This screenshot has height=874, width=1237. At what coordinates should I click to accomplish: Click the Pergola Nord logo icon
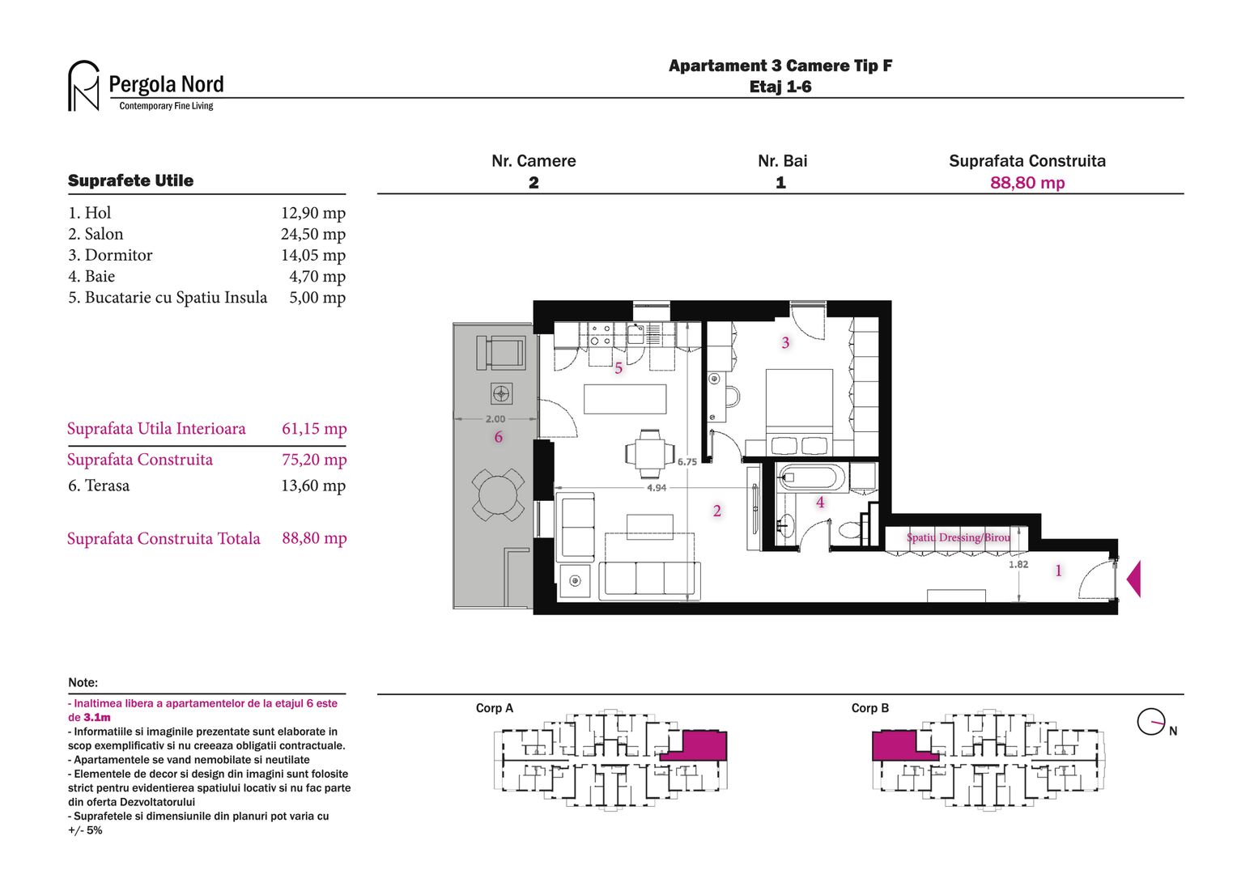click(x=83, y=86)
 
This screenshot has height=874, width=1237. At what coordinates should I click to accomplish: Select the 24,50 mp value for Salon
click(x=312, y=234)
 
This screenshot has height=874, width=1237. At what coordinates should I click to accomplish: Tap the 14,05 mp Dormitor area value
click(x=312, y=255)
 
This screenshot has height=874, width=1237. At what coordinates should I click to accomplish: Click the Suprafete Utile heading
click(x=130, y=180)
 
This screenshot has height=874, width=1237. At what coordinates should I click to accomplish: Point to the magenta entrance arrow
click(x=1133, y=579)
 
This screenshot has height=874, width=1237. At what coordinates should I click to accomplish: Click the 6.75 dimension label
click(x=687, y=462)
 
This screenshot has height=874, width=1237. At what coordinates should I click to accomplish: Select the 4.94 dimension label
click(x=657, y=488)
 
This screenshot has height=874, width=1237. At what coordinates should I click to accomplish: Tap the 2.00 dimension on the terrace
click(x=495, y=419)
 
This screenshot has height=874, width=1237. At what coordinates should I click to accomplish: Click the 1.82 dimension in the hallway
click(x=1018, y=564)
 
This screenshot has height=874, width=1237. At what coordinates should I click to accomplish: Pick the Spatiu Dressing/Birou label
click(x=958, y=537)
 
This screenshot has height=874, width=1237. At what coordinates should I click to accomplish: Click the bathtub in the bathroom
click(x=812, y=477)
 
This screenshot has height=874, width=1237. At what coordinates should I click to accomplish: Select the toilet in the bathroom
click(x=850, y=531)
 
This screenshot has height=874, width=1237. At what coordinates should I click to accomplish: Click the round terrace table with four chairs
click(x=498, y=494)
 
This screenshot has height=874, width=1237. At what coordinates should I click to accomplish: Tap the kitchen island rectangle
click(x=625, y=399)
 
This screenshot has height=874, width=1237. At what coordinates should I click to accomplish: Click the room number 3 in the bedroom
click(x=785, y=343)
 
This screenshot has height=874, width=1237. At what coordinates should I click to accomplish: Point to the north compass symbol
click(x=1150, y=721)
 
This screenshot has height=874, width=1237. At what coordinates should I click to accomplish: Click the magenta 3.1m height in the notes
click(x=97, y=718)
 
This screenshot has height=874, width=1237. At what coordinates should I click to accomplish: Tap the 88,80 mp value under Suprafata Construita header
click(x=1027, y=183)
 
